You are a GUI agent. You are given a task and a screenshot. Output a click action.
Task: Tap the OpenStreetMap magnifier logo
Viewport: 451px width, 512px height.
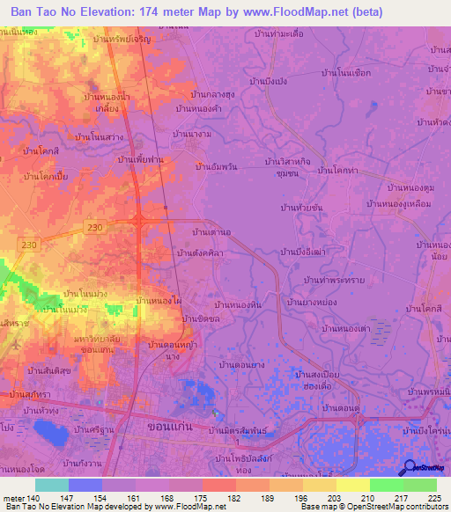(x=408, y=467)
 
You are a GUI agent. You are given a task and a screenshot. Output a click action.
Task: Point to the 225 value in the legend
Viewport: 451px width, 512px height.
(x=435, y=498)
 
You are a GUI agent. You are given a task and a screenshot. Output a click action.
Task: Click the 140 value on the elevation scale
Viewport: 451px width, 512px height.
(x=33, y=498)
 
